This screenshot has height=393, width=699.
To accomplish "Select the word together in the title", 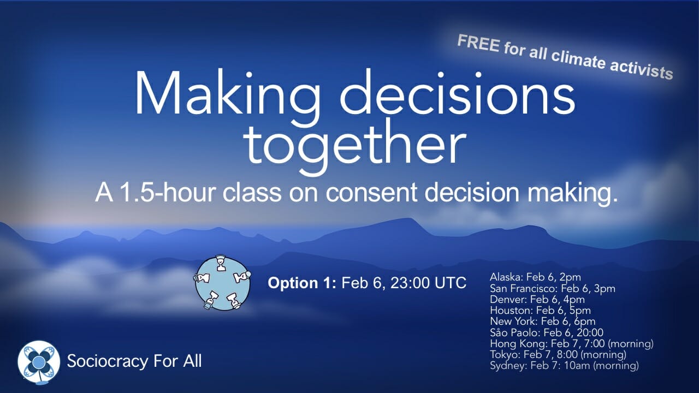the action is click(x=356, y=145).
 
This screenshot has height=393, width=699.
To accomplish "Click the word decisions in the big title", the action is click(x=457, y=93).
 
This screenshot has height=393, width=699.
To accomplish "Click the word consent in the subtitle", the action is click(x=371, y=193).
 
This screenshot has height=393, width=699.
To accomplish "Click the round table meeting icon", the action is click(x=222, y=283).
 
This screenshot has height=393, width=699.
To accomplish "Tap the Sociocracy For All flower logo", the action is click(x=39, y=362).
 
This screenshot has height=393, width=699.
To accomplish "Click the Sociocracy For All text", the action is click(x=134, y=361).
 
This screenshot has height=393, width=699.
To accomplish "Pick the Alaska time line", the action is click(x=536, y=277).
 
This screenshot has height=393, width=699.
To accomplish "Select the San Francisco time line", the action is click(x=553, y=289).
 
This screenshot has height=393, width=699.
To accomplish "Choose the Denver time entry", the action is click(x=537, y=300).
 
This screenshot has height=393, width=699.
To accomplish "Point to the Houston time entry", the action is click(x=541, y=311).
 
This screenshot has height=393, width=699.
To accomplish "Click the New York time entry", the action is click(x=543, y=321).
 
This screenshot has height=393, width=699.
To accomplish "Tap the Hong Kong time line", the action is click(x=572, y=344).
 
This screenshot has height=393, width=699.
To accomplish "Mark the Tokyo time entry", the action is click(x=558, y=355).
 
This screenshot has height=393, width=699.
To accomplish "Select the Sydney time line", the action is click(x=565, y=366).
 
